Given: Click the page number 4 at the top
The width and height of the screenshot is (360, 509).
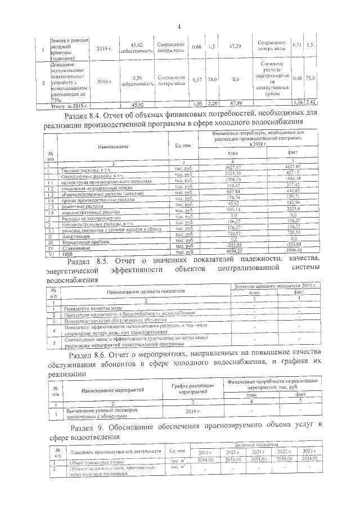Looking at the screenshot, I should [x=179, y=27].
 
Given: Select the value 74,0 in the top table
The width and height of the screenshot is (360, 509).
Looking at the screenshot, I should [x=212, y=80].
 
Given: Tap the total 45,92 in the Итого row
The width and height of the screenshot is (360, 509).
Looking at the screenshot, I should [x=137, y=105].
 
